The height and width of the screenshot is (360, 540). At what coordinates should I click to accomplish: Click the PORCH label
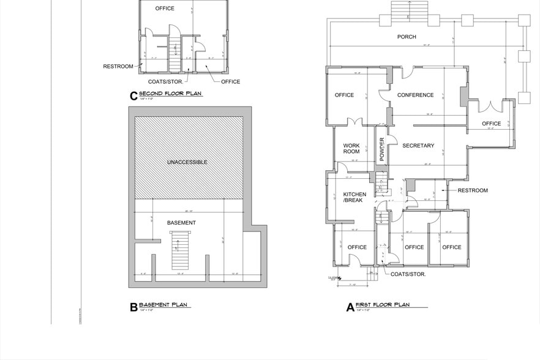click(407, 37)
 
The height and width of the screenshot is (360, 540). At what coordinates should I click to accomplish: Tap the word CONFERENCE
click(415, 96)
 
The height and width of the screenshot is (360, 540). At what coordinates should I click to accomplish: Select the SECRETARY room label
click(418, 146)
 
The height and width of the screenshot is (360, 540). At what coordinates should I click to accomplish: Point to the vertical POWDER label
click(381, 149)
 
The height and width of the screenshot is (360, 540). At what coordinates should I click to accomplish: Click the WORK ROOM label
click(351, 148)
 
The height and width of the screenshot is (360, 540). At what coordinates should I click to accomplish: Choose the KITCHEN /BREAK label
click(354, 197)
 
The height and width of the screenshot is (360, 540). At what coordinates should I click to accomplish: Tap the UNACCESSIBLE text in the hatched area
click(187, 162)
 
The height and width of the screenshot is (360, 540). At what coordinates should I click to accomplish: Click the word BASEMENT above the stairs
click(181, 223)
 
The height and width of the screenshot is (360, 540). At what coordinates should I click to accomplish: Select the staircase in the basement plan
click(179, 251)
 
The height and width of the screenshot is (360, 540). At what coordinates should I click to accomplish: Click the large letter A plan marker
click(350, 307)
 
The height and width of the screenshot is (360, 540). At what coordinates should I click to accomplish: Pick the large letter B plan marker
click(133, 307)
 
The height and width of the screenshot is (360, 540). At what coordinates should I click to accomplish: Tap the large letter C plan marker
click(133, 96)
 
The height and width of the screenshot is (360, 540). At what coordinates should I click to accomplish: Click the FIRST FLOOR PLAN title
click(383, 305)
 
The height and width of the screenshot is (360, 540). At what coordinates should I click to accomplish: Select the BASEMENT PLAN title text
click(164, 305)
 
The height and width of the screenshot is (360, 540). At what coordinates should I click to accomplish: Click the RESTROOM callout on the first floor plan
click(473, 190)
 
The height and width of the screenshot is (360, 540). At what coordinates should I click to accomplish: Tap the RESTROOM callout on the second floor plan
click(118, 66)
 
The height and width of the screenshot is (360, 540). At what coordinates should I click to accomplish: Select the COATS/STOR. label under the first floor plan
click(408, 274)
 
